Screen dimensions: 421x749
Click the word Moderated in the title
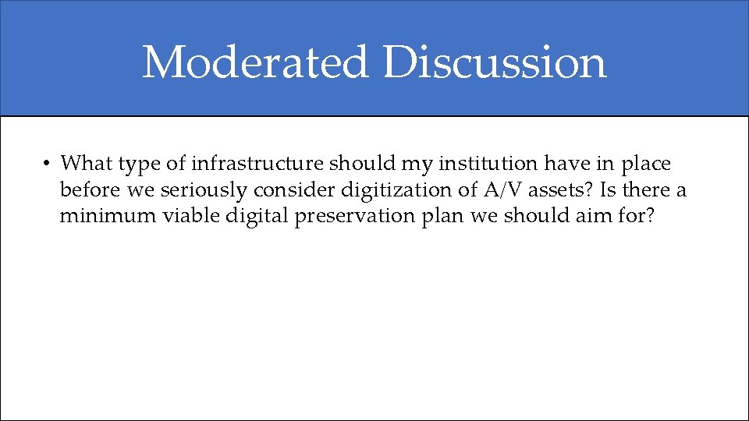pos(254,62)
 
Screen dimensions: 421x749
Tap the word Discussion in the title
pos(495,62)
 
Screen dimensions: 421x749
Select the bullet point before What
pos(47,164)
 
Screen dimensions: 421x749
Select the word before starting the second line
pos(91,189)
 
